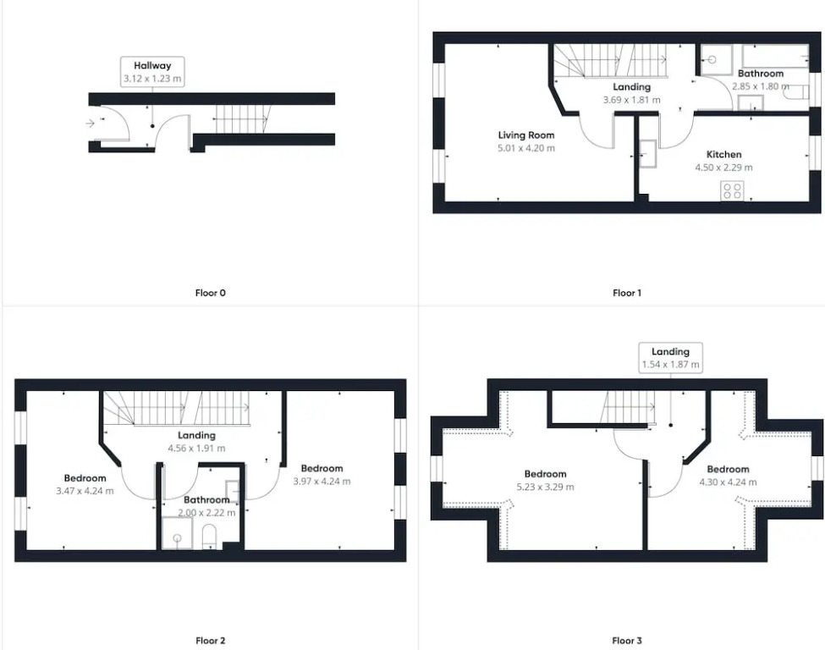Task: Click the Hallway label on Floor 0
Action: pos(152,66)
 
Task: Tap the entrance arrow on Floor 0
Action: pos(90,124)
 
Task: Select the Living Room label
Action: pos(526,135)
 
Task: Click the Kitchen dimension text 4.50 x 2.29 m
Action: pos(723,168)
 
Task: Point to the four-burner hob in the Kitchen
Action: pos(732,190)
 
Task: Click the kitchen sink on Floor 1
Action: pos(647,154)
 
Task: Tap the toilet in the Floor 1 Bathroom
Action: pos(796,92)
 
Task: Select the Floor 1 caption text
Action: pos(627,293)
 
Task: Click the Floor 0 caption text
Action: pos(210,293)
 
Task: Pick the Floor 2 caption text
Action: pos(210,641)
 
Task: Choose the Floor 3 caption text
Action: pos(627,641)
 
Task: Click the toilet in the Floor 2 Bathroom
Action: pos(209,535)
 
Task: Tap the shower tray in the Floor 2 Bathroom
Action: pos(177,533)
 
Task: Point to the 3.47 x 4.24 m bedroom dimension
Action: pos(85,491)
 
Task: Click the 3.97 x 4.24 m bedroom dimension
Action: pos(322,481)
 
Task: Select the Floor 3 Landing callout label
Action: pos(670,351)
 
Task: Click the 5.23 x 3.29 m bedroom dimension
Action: pos(545,487)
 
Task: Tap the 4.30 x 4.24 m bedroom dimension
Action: pos(728,482)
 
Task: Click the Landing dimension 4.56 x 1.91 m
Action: pos(196,449)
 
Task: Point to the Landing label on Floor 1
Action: pos(631,87)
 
